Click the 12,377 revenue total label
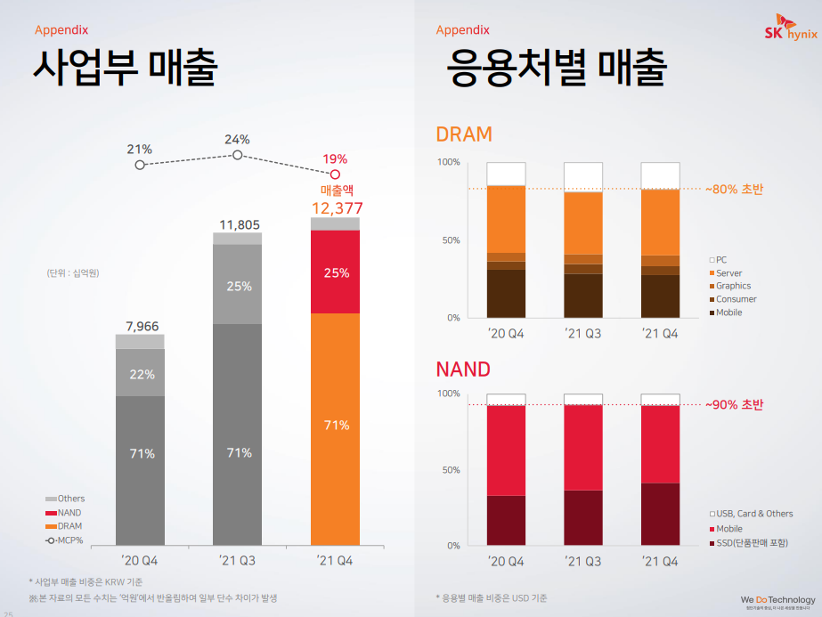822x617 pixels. point(337,208)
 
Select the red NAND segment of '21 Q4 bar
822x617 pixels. point(335,272)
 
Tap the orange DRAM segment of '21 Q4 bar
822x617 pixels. point(335,427)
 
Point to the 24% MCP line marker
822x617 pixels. point(238,155)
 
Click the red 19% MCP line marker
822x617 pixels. point(335,175)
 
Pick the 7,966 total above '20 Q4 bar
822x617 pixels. point(140,327)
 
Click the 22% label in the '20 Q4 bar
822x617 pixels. point(141,374)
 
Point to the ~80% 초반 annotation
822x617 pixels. point(734,189)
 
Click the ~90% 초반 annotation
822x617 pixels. point(734,405)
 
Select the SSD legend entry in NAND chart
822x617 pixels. point(751,542)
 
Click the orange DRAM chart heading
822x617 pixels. point(464,134)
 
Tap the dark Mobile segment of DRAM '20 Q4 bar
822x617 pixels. point(505,293)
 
